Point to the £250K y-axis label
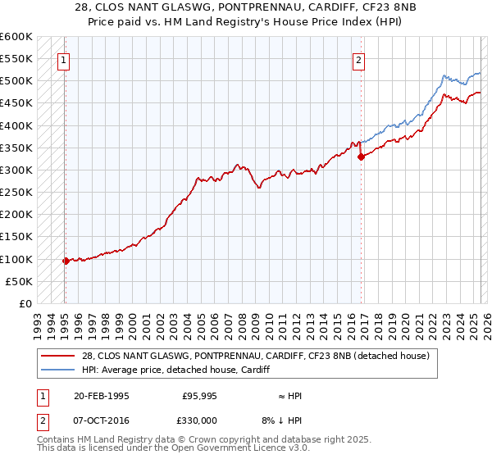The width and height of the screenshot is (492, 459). pyautogui.click(x=16, y=192)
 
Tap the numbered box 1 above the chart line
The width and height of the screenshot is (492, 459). pyautogui.click(x=64, y=59)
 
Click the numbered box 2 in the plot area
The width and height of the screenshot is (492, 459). pyautogui.click(x=359, y=59)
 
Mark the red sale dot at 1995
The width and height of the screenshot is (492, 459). pyautogui.click(x=66, y=261)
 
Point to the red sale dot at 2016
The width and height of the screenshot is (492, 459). pyautogui.click(x=361, y=157)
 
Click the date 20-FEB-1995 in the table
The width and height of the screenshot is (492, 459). pyautogui.click(x=102, y=396)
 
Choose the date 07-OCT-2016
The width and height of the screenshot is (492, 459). pyautogui.click(x=102, y=419)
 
